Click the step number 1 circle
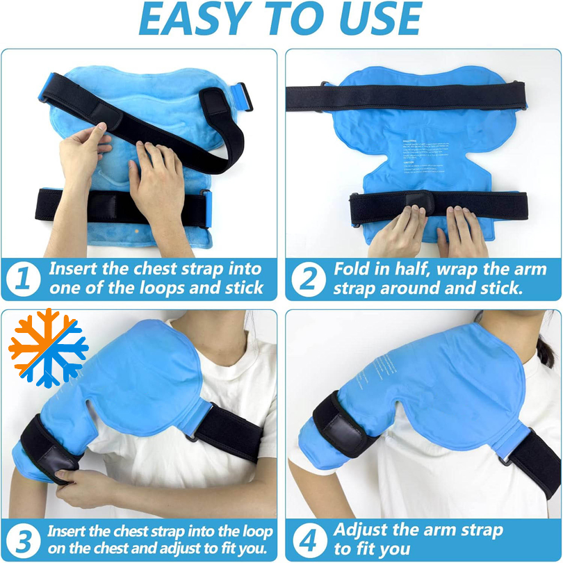(22, 279)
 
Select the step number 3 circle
(23, 539)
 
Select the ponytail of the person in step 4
(545, 348)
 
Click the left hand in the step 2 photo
(393, 233)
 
